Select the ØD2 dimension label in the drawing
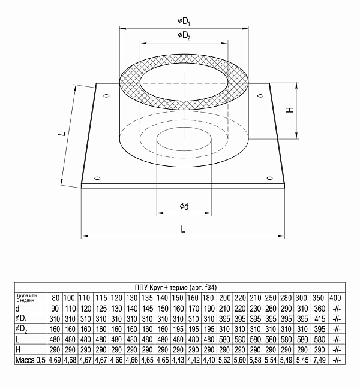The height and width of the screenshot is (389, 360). point(184,36)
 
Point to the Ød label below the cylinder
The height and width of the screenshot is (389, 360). point(184,207)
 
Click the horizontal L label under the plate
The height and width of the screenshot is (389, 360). point(183,229)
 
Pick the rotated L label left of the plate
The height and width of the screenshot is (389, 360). point(62,135)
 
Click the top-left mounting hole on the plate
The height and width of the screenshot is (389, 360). point(106,96)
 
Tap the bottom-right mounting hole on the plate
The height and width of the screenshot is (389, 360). point(268,178)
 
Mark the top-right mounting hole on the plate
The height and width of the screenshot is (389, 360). point(262,93)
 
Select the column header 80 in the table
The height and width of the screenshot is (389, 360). point(55,298)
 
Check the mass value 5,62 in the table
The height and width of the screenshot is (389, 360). point(224,360)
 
